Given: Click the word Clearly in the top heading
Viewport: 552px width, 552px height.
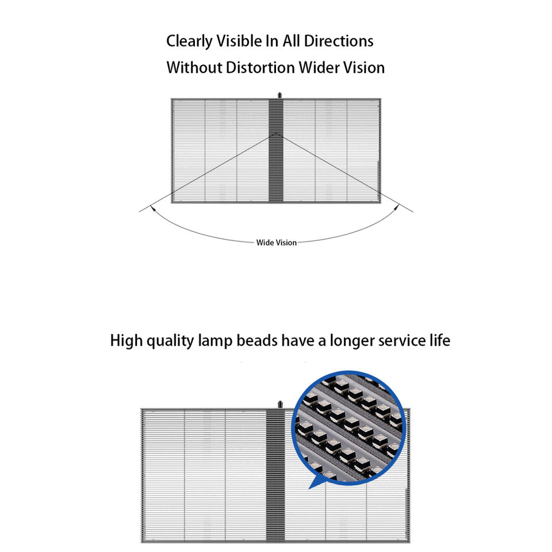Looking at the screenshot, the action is click(x=190, y=41).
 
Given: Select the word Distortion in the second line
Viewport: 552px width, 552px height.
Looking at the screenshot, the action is click(x=260, y=68).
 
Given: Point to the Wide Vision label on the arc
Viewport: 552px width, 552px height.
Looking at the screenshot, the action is click(x=277, y=243).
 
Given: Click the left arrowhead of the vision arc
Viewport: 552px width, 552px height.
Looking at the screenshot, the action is click(x=153, y=208).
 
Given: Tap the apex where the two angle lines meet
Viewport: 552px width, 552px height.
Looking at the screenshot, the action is click(x=276, y=133).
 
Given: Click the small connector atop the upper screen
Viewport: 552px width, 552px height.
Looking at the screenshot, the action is click(x=277, y=94).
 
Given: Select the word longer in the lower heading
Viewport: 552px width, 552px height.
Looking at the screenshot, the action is click(x=351, y=340).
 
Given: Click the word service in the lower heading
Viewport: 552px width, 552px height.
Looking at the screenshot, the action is click(x=400, y=340).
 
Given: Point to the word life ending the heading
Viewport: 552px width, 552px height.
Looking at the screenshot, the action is click(x=438, y=340).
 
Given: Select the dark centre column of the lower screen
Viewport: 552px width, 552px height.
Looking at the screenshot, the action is click(x=275, y=506).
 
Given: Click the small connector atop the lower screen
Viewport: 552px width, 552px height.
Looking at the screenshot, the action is click(x=281, y=404).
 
